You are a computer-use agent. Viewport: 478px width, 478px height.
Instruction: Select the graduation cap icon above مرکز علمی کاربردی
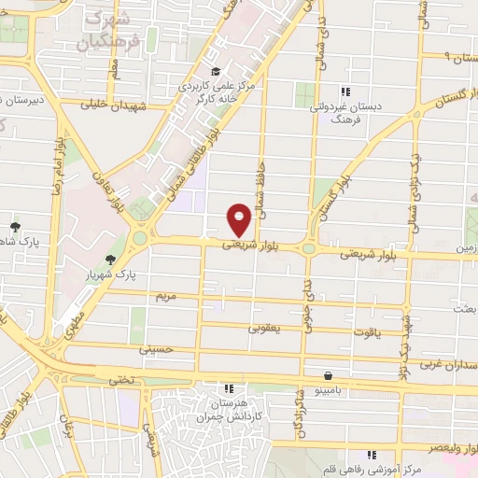[215, 71]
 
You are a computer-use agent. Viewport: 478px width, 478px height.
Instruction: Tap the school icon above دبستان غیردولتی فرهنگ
[344, 91]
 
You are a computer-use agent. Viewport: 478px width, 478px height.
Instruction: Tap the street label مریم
[164, 296]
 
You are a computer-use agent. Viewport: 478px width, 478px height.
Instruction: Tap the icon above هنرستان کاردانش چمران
[229, 387]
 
